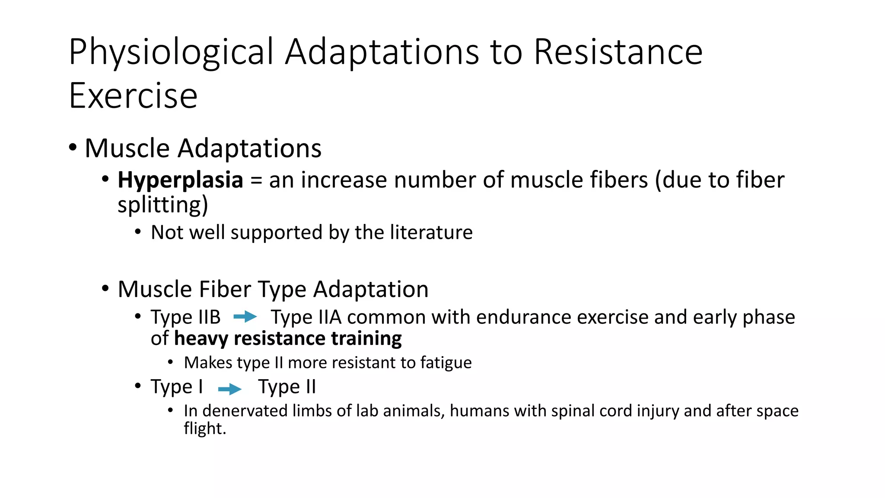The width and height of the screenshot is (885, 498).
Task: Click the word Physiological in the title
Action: [x=171, y=52]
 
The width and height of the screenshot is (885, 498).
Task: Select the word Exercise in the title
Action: [x=133, y=96]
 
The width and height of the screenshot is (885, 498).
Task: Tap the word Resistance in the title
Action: [x=618, y=52]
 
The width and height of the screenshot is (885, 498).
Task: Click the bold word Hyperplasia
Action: [x=180, y=180]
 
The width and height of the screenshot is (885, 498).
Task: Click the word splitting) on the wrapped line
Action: [x=162, y=205]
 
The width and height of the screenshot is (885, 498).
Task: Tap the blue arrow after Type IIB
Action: [x=245, y=317]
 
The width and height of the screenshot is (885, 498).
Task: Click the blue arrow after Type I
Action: [x=229, y=389]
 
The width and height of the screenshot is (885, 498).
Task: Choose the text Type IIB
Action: [x=185, y=317]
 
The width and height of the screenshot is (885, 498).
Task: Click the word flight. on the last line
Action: [x=205, y=428]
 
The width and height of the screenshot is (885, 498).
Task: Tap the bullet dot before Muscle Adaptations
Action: [x=73, y=148]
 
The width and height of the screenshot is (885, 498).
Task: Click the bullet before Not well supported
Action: [x=138, y=232]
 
